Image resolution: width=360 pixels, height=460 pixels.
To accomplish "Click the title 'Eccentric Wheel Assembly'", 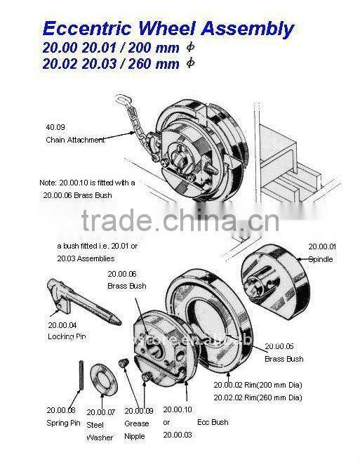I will [168, 29].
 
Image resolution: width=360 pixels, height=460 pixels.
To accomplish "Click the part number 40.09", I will [54, 127].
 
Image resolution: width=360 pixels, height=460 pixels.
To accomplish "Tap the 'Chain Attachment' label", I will [74, 140].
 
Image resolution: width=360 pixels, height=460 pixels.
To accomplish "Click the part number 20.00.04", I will [62, 324].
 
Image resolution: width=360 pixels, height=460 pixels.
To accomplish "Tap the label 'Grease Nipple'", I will [137, 430].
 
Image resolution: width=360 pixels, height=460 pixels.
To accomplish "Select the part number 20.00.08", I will [61, 410].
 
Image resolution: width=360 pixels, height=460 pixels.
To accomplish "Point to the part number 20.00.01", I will [323, 247].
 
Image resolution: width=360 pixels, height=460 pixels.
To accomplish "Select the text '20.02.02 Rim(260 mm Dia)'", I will [258, 397].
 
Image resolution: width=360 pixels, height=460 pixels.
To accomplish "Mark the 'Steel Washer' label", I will [100, 431].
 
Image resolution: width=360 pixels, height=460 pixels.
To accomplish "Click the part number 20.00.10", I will [177, 409].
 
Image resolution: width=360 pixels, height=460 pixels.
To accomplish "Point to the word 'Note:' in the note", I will [48, 183].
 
